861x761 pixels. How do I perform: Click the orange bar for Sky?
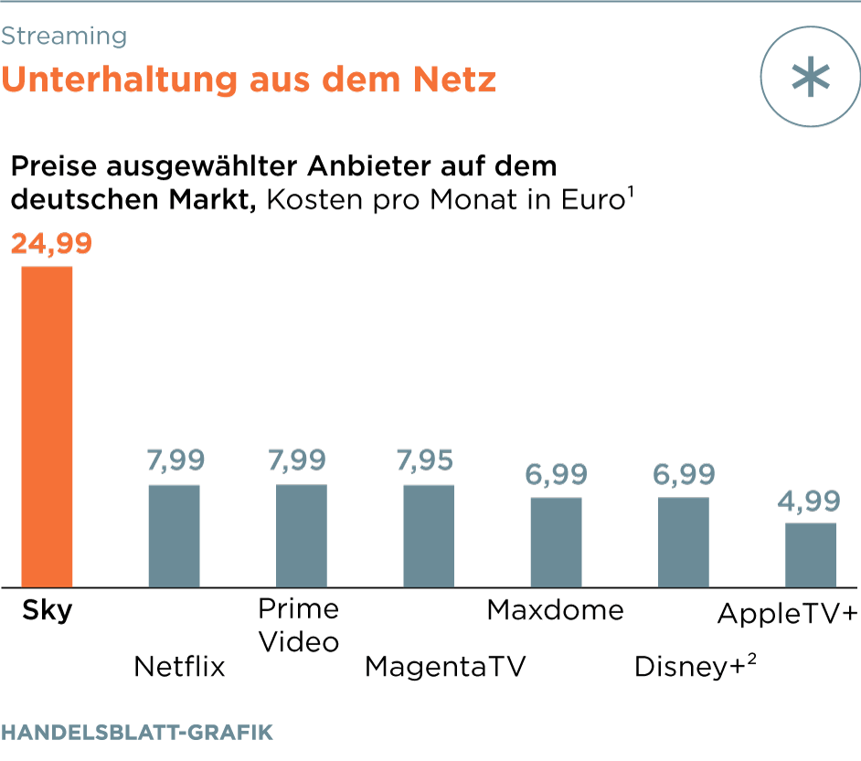point(48,426)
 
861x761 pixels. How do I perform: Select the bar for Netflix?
point(174,535)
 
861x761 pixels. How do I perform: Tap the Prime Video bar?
point(302,535)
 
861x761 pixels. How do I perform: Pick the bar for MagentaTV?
point(429,535)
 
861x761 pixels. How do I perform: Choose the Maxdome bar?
point(556,542)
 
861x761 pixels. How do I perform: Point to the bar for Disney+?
point(684,542)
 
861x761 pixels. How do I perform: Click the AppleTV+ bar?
point(811,555)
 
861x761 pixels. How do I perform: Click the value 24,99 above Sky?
point(51,245)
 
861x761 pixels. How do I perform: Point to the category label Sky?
point(48,610)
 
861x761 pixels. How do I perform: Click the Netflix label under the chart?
point(179,666)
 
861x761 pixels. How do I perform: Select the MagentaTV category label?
point(446,666)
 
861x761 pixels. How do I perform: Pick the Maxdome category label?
point(555,609)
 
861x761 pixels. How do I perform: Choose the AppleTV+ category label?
point(788,613)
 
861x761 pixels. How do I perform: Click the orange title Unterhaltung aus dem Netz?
point(249,79)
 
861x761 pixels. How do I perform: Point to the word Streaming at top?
point(64,37)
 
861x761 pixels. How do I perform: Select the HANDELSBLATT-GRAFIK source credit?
point(137,733)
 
